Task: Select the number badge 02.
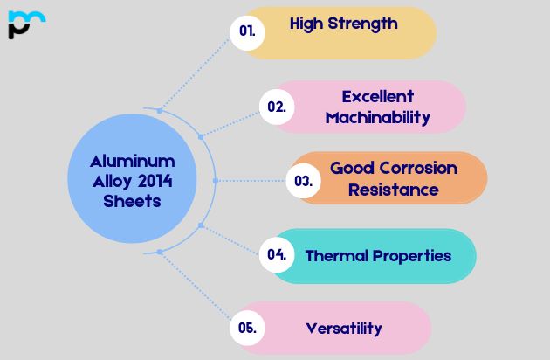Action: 277,107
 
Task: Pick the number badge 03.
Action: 303,181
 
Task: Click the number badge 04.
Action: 277,255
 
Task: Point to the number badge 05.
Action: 247,329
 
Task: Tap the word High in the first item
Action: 306,24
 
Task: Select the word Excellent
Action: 377,96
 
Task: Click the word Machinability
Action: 377,117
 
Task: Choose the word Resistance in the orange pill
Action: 394,189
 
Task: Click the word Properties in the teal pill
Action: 413,256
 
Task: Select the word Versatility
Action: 344,329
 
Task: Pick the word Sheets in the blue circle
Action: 132,200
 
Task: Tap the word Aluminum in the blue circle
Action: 133,162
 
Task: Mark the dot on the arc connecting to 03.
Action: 216,181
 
